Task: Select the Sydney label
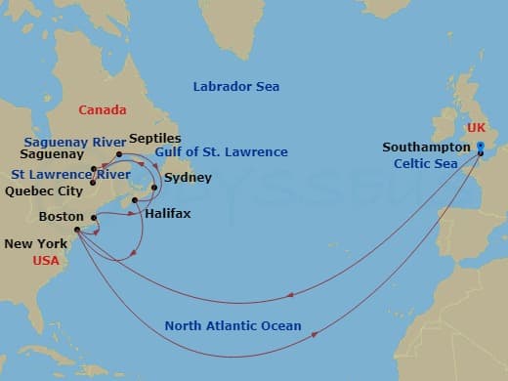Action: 186,178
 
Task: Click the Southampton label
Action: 426,147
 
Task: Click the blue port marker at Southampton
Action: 481,148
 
